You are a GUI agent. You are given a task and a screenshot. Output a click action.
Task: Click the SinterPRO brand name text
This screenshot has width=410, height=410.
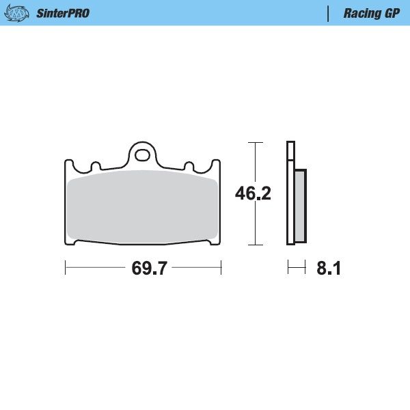(x=62, y=13)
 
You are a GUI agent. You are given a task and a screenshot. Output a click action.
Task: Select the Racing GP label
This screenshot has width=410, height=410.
(x=371, y=13)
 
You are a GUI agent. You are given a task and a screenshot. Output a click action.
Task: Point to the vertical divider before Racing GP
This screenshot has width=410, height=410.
(x=329, y=13)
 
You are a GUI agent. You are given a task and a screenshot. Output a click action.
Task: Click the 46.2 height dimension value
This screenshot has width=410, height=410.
(x=254, y=193)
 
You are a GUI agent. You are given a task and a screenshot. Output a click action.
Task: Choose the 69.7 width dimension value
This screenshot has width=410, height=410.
(x=150, y=269)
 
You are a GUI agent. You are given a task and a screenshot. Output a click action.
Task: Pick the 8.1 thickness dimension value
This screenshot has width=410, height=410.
(x=328, y=269)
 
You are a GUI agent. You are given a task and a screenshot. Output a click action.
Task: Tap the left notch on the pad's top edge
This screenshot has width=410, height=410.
(x=96, y=166)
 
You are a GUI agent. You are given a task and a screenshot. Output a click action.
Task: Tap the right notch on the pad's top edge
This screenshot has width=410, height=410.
(x=188, y=166)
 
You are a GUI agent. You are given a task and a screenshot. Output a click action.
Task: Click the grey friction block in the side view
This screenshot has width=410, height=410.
(x=300, y=205)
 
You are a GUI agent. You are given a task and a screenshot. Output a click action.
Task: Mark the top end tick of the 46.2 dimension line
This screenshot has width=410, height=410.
(x=255, y=142)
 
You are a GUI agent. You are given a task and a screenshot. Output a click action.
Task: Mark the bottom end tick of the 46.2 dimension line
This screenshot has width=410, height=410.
(x=255, y=245)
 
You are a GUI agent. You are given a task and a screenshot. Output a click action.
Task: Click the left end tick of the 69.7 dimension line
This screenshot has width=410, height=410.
(x=65, y=269)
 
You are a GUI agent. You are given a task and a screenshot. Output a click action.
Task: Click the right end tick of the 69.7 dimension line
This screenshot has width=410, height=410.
(x=221, y=269)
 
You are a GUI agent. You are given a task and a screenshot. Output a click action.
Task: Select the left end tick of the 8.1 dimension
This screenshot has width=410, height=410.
(x=288, y=269)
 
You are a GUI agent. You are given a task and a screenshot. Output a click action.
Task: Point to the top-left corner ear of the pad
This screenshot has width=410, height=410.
(x=69, y=164)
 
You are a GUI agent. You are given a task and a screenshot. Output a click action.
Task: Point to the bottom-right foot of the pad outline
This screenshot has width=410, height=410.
(x=215, y=241)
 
